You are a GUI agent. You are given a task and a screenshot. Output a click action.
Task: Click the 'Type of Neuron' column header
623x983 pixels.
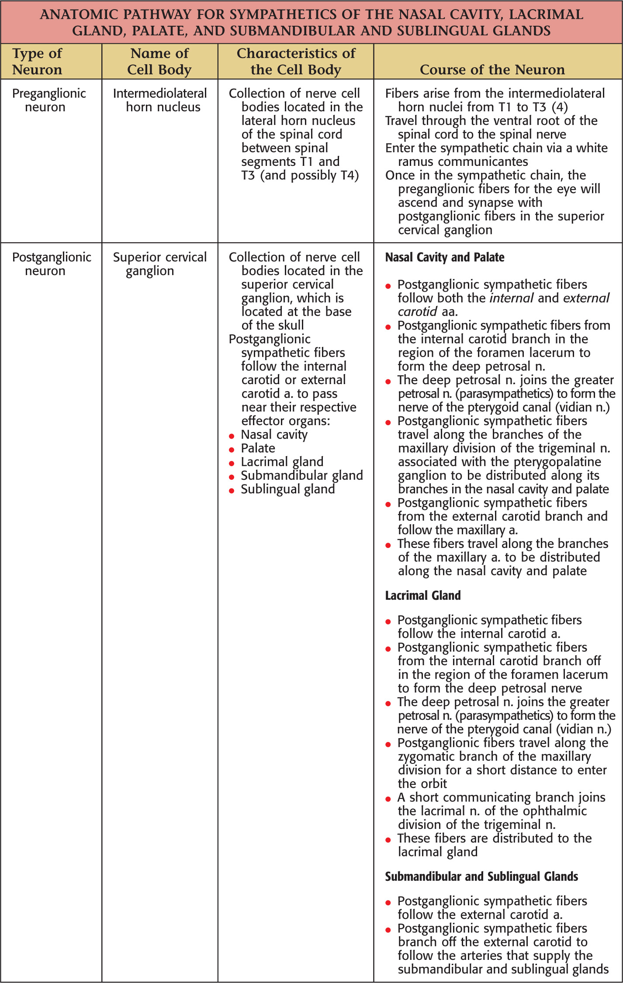[x=37, y=62]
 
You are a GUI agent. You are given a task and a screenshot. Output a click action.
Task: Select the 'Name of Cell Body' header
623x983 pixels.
[x=159, y=62]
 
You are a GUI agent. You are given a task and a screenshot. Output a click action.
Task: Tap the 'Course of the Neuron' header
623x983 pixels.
[x=492, y=70]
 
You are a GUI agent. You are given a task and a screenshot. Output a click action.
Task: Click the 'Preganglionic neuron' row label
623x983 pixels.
[x=49, y=100]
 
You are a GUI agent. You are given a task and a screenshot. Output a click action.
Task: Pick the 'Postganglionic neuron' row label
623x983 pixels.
[x=52, y=264]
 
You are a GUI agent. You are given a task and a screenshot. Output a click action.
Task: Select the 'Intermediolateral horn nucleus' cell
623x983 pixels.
[x=160, y=100]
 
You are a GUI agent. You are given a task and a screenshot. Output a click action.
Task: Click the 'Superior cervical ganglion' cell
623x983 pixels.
[x=160, y=264]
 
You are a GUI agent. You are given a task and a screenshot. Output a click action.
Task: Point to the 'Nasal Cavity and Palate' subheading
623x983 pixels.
[x=445, y=258]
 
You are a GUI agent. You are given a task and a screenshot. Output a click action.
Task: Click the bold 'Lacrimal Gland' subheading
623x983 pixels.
[x=423, y=595]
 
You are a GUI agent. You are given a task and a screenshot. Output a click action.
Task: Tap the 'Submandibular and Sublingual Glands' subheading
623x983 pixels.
[x=481, y=876]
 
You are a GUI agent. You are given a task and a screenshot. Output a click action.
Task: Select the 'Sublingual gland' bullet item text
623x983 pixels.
[x=288, y=489]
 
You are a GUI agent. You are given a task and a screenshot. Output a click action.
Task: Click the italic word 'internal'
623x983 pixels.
[x=512, y=298]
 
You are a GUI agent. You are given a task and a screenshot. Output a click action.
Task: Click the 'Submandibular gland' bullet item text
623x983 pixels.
[x=302, y=475]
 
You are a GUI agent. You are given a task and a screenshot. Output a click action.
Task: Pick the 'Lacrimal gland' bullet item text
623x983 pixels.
[x=282, y=462]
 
